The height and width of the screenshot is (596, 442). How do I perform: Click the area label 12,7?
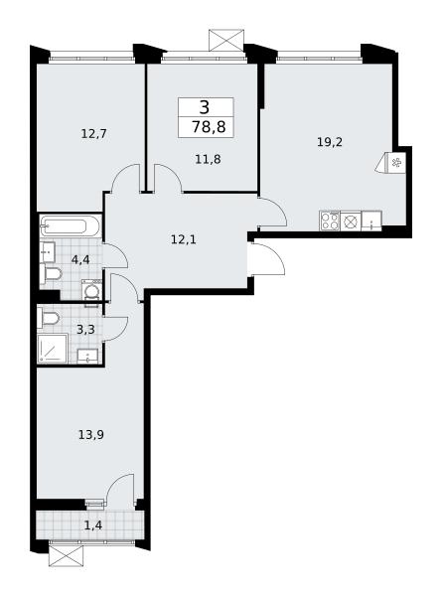[x=93, y=134]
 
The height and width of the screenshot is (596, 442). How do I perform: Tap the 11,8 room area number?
[x=208, y=159]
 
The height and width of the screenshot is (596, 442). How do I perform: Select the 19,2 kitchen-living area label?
[x=330, y=142]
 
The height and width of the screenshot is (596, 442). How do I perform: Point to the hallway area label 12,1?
[x=183, y=239]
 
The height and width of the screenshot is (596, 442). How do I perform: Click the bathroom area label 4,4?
[x=79, y=260]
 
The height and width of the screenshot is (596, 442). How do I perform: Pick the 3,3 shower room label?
[x=85, y=329]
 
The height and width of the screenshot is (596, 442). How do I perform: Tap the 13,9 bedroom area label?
[x=91, y=434]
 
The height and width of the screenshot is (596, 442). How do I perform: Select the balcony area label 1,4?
[x=92, y=526]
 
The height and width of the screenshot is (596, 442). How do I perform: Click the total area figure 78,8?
[x=209, y=126]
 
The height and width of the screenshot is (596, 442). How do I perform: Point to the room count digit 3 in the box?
[x=205, y=107]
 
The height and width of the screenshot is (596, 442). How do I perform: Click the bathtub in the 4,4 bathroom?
[x=71, y=226]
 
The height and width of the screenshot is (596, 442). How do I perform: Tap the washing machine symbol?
[x=91, y=291]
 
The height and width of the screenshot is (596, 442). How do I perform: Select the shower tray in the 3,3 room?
[x=53, y=349]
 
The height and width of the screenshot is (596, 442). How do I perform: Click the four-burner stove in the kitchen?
[x=330, y=221]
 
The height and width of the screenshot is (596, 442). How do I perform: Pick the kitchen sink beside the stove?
[x=371, y=221]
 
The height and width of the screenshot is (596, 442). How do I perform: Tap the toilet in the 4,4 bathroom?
[x=51, y=274]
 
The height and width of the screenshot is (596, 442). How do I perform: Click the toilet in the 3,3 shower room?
[x=49, y=319]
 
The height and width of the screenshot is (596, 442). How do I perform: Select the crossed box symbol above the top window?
[x=226, y=40]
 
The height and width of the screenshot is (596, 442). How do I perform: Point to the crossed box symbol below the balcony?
[x=67, y=555]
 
